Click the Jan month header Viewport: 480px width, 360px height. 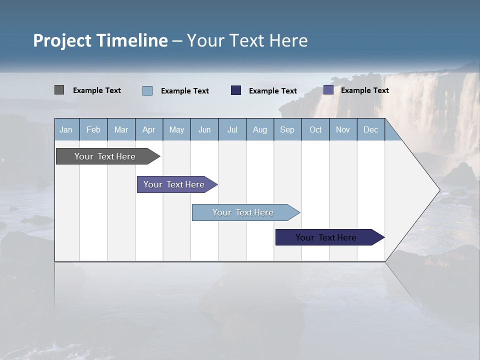[x=66, y=129]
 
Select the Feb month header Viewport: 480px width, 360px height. [x=93, y=129]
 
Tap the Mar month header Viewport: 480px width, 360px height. [x=121, y=129]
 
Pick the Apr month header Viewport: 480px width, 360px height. [x=149, y=129]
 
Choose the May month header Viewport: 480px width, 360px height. [x=176, y=129]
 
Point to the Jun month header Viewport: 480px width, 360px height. [x=204, y=129]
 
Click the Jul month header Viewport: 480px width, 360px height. [x=232, y=129]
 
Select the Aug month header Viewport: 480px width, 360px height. [x=260, y=129]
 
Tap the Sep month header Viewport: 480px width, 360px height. [x=287, y=129]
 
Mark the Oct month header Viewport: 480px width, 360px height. [x=315, y=129]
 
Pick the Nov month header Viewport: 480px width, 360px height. [x=343, y=129]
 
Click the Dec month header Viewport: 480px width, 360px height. [x=371, y=129]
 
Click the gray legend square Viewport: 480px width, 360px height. [x=59, y=90]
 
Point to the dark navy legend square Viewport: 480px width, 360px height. [x=236, y=90]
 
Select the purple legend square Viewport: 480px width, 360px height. [x=328, y=90]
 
